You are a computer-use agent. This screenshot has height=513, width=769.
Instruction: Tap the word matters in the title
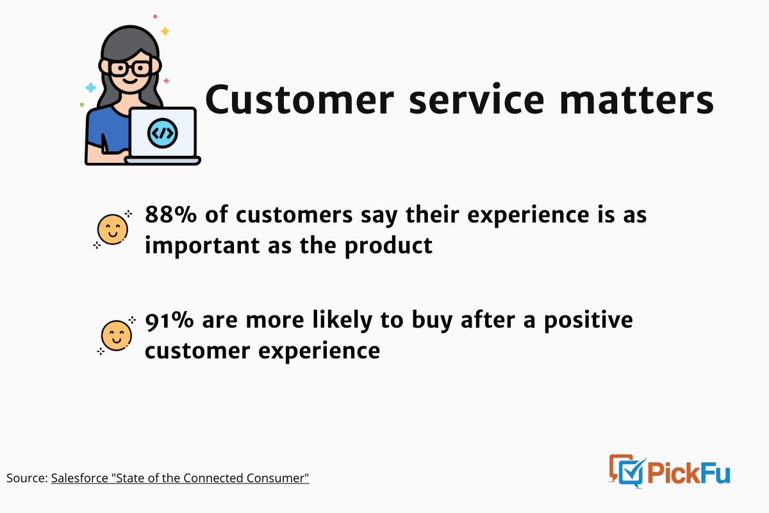[x=637, y=100]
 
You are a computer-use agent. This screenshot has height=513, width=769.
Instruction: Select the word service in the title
[x=477, y=99]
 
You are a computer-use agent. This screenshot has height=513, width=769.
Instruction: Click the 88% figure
[x=170, y=214]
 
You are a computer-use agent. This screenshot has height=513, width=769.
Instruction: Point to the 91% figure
[x=170, y=320]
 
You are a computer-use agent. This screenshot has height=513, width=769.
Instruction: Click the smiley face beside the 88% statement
[x=113, y=229]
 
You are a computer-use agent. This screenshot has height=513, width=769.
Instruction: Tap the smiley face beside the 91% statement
[x=117, y=335]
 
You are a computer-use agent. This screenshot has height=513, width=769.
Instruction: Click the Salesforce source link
[x=180, y=478]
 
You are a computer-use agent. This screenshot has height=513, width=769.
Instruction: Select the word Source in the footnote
[x=26, y=478]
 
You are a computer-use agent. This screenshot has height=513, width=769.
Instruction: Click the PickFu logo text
[x=689, y=473]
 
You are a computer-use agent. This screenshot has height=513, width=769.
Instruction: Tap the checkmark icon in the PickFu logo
[x=632, y=471]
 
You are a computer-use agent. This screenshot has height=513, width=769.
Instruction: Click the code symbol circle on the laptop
[x=162, y=133]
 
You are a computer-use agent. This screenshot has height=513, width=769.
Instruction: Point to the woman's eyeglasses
[x=129, y=69]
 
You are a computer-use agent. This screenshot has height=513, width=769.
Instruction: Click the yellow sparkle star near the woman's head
[x=165, y=31]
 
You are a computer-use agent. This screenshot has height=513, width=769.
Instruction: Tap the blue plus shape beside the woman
[x=90, y=88]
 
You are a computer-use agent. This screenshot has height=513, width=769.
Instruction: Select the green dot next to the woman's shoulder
[x=82, y=105]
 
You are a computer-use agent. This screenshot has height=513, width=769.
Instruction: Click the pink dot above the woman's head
[x=155, y=16]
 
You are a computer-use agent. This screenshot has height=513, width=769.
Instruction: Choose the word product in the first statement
[x=388, y=246]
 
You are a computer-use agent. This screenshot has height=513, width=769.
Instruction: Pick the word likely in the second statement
[x=342, y=320]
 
